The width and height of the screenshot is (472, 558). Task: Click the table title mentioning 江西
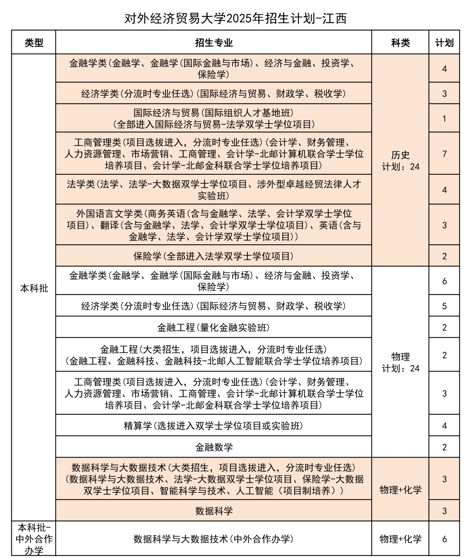[236, 18]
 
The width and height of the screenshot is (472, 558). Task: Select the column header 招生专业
[214, 42]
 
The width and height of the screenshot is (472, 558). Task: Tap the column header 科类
[400, 42]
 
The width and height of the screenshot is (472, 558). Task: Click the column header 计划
[444, 42]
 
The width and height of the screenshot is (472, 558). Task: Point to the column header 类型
[34, 42]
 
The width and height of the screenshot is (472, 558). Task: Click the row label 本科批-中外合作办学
[34, 539]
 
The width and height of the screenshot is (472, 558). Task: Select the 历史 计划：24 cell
[400, 160]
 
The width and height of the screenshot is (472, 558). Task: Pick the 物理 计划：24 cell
[400, 362]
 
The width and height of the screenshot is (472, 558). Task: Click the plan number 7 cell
[444, 154]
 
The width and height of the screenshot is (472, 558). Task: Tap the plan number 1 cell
[444, 118]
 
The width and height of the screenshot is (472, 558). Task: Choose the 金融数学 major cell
[214, 447]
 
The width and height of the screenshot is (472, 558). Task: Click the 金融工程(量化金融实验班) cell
[214, 327]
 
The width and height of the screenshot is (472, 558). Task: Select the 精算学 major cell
[214, 425]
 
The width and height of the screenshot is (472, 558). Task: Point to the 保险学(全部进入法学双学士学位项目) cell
[214, 256]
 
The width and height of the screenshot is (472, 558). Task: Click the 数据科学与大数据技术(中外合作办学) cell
[214, 539]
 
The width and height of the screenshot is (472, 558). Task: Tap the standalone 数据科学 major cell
[214, 511]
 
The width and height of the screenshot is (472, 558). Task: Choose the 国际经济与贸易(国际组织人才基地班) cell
[214, 118]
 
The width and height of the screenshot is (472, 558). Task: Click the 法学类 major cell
[214, 190]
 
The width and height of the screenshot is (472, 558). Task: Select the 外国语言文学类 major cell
[214, 225]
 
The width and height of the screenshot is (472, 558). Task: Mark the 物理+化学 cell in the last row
[400, 539]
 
